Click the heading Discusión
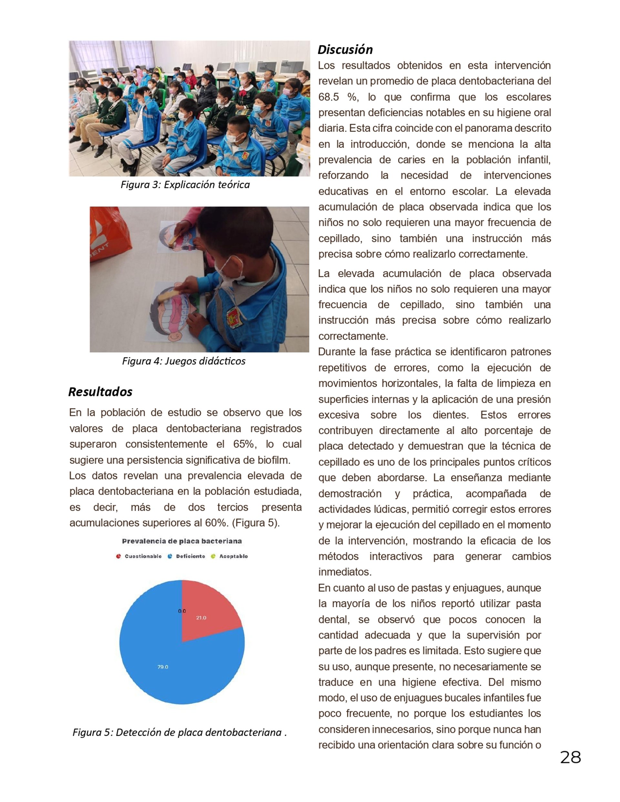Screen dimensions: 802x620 click(345, 50)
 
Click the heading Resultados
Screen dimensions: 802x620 click(100, 392)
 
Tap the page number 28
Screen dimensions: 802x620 click(570, 757)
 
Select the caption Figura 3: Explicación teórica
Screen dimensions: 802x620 click(185, 185)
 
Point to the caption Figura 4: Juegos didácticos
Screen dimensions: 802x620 click(184, 361)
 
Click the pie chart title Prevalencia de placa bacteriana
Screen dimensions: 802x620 click(182, 541)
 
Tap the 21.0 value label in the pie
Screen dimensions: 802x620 click(201, 618)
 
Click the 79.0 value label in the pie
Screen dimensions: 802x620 click(163, 667)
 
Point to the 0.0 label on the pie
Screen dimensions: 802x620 click(182, 611)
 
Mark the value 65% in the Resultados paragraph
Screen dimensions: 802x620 click(243, 444)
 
